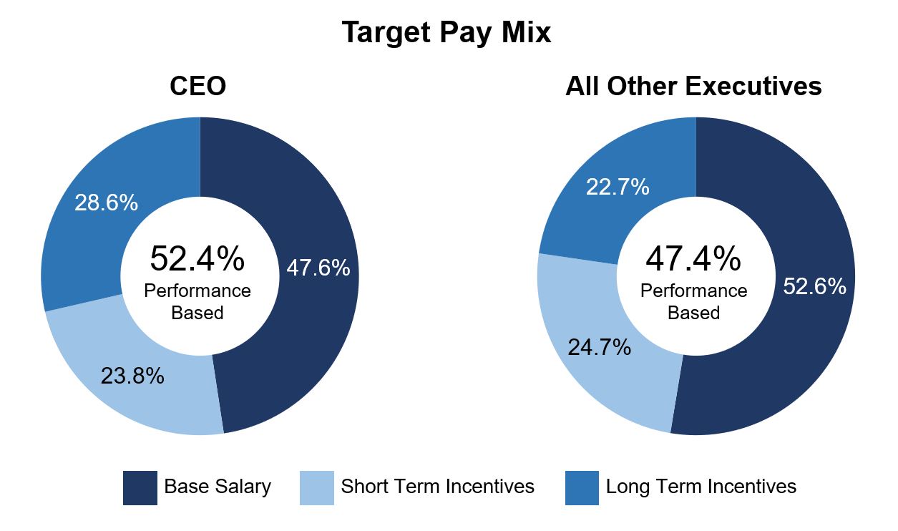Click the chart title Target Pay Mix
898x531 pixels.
446,32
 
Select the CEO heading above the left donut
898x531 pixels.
198,87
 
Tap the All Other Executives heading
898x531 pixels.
693,87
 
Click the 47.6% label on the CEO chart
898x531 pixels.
318,268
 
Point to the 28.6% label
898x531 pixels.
106,203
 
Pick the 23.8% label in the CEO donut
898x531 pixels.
132,376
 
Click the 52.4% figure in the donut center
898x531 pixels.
197,259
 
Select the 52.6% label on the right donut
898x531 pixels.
814,286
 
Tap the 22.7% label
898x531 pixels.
618,187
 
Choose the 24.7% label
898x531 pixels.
600,348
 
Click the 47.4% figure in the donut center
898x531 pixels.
693,259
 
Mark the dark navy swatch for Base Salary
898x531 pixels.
140,488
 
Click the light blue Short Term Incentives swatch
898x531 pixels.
317,488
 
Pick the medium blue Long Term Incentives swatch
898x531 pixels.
582,488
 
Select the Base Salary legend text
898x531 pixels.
218,487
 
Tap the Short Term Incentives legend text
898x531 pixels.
437,487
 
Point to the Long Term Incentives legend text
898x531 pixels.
701,487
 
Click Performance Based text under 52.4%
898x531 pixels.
197,302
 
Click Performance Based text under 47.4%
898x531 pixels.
693,302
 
